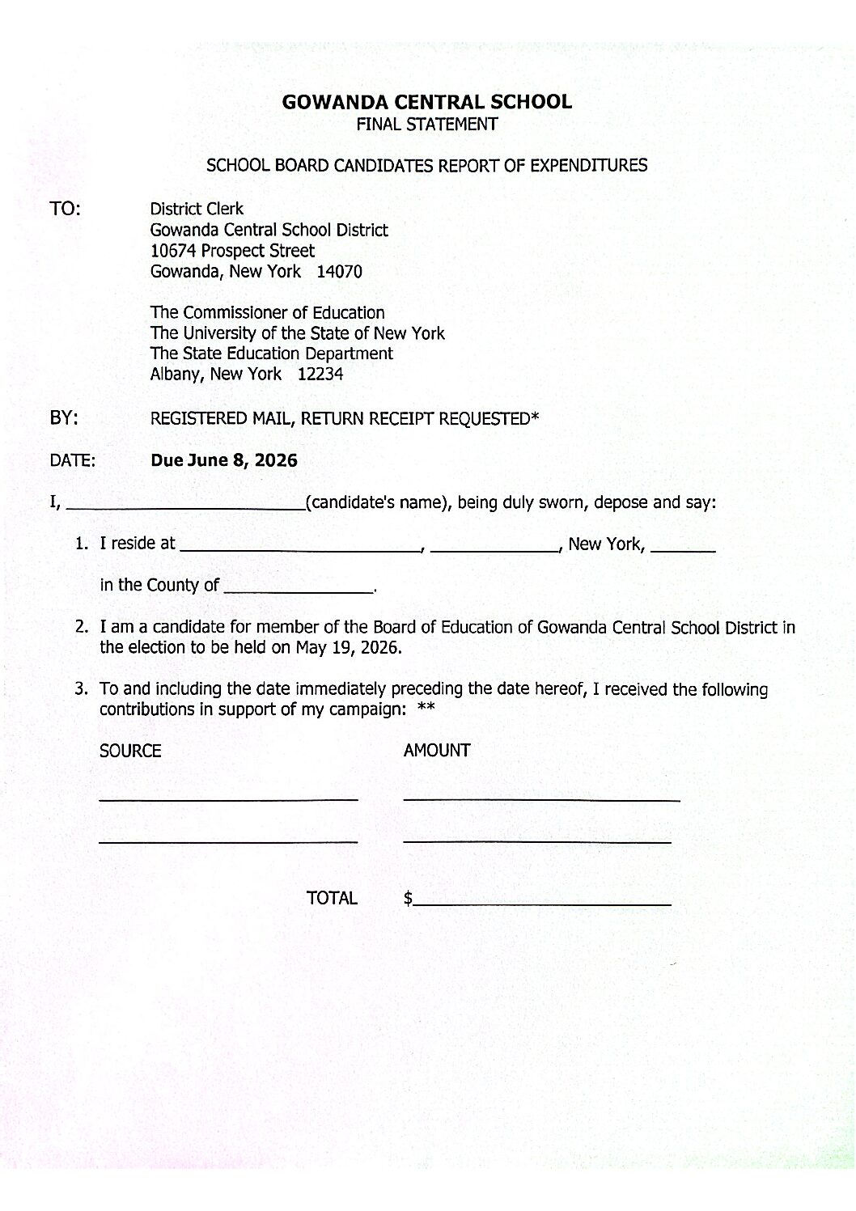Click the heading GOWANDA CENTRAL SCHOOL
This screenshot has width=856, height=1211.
(426, 102)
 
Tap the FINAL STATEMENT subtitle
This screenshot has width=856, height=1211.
(426, 125)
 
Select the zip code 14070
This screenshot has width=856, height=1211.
(339, 272)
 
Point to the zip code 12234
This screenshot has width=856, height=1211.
(320, 375)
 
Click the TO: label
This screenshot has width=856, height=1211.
(65, 209)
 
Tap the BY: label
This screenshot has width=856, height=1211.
(64, 418)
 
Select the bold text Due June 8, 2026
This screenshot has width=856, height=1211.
(224, 461)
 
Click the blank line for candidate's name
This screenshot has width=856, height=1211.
(184, 506)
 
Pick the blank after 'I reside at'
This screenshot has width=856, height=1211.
(299, 548)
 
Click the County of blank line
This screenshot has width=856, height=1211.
(298, 589)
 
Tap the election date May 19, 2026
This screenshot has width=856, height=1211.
(348, 648)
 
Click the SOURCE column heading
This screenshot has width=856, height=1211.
(130, 751)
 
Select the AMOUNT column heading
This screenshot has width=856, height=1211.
(437, 751)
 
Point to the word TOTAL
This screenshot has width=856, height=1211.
(332, 898)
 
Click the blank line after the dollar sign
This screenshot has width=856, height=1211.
(542, 901)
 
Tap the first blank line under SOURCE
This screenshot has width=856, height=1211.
(228, 798)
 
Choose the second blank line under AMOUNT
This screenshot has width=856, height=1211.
(537, 841)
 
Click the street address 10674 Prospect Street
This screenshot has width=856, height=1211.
(232, 251)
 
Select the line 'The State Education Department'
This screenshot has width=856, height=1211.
(271, 354)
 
